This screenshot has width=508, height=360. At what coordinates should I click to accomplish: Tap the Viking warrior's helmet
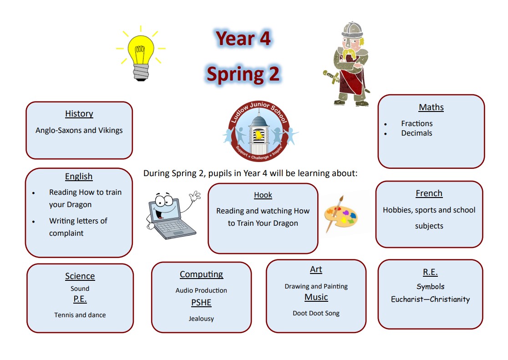[352, 30]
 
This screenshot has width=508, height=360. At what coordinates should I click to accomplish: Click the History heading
[79, 114]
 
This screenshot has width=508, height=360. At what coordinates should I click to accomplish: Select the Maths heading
[431, 107]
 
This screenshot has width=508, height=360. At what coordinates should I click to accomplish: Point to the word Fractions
[417, 123]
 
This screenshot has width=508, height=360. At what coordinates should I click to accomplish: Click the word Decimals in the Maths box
[417, 133]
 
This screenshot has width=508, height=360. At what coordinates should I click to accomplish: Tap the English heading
[79, 177]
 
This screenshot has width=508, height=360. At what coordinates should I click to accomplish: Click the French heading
[429, 193]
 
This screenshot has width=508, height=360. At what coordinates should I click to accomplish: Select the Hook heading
[263, 195]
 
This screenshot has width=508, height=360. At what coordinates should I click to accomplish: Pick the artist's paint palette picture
[340, 214]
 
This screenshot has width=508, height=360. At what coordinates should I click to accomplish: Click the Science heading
[80, 276]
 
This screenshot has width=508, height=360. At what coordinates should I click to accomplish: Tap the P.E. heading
[80, 299]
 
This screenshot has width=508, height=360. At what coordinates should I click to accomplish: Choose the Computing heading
[201, 274]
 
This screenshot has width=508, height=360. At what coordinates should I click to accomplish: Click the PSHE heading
[201, 303]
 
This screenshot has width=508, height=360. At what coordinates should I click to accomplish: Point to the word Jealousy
[201, 319]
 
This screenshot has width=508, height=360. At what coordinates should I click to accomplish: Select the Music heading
[316, 297]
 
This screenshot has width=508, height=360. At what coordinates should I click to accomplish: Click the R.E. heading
[430, 272]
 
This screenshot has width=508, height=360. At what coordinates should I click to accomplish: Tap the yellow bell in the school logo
[258, 135]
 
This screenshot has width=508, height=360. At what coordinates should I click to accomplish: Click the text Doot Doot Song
[316, 313]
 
